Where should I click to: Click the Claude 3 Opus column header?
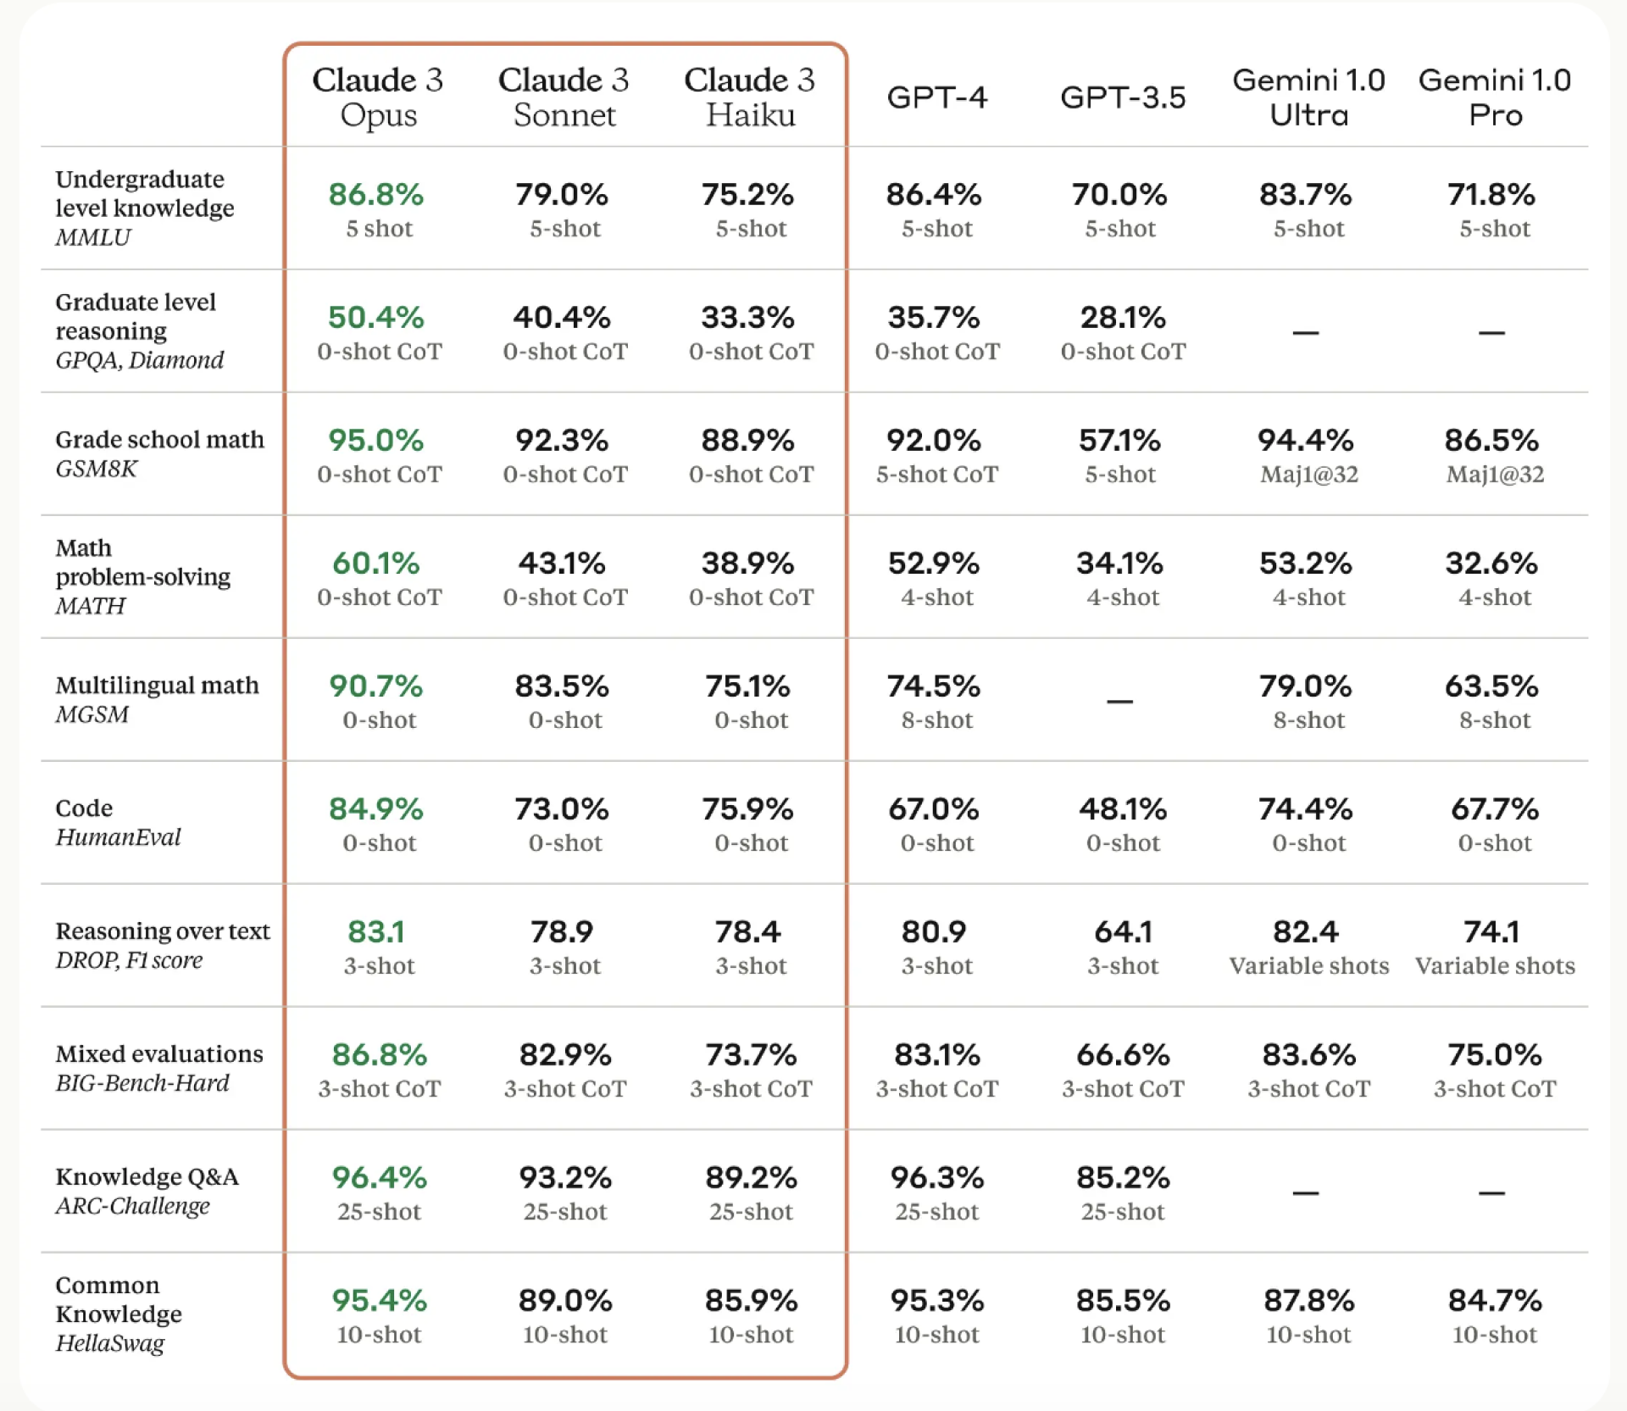pos(378,97)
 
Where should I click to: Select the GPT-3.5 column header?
pos(1123,97)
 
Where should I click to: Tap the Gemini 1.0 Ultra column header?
pos(1308,97)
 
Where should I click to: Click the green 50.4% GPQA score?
pos(375,318)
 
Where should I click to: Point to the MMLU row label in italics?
pos(93,237)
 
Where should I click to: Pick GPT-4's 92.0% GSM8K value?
pos(934,441)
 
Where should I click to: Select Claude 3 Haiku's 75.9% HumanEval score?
pos(747,809)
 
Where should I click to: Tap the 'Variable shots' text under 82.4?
pos(1308,966)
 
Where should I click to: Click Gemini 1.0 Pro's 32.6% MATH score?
pos(1491,564)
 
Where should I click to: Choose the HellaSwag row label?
pos(110,1343)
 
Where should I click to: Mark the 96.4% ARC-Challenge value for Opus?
pos(379,1178)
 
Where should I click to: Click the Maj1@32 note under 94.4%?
pos(1308,475)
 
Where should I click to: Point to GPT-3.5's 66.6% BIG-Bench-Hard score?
pos(1123,1055)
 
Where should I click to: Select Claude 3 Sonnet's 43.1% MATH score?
pos(562,564)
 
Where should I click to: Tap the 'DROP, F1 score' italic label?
pos(129,960)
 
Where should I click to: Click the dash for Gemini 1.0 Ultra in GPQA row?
pos(1305,333)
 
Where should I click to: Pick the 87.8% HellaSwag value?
pos(1308,1301)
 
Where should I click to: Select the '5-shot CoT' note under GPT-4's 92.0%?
pos(936,475)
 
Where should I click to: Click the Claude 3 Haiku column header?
pos(749,97)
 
